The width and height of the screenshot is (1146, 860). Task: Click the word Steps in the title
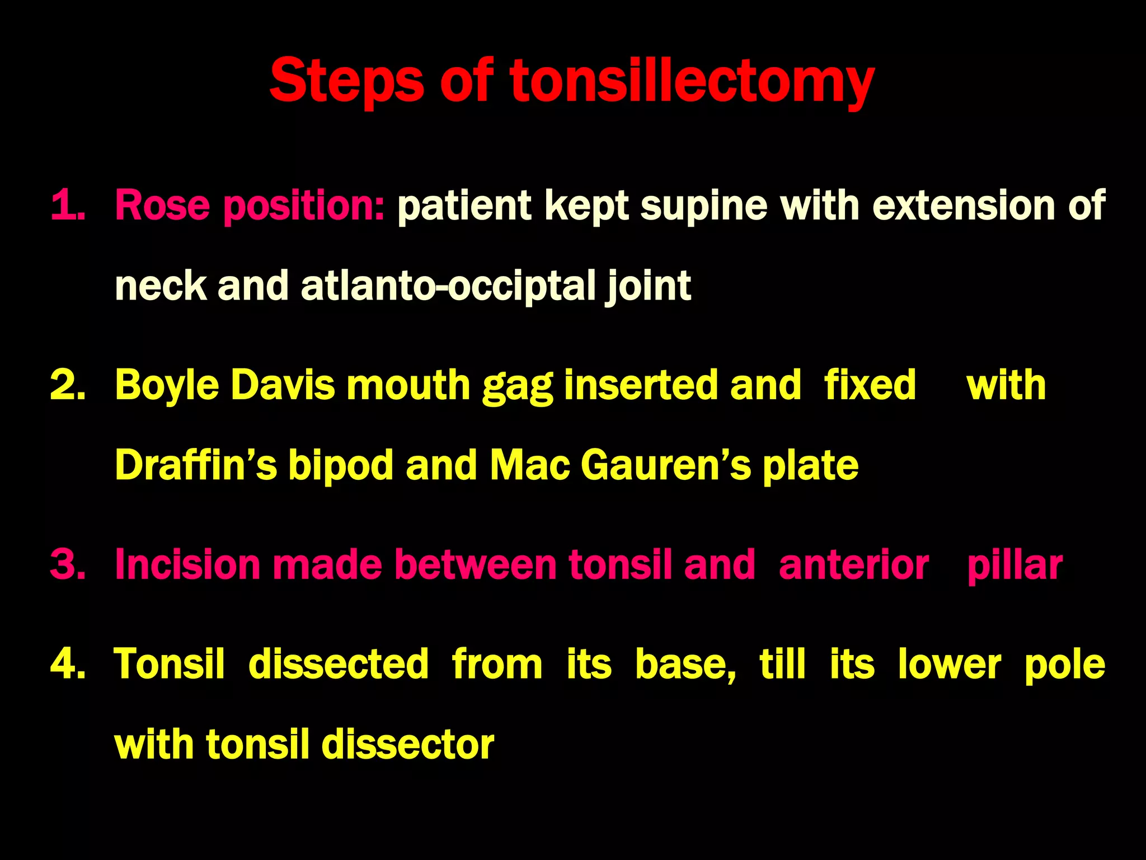click(346, 83)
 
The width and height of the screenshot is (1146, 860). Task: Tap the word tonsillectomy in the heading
click(692, 83)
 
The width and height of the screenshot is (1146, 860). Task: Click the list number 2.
click(68, 385)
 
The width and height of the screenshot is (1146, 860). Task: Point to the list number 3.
click(68, 564)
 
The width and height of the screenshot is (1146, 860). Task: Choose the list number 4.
click(68, 664)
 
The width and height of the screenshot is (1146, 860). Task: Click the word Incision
click(187, 564)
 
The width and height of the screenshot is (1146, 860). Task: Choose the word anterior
click(853, 564)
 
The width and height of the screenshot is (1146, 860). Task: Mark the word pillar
click(1015, 564)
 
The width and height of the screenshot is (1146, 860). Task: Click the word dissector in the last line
click(408, 745)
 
